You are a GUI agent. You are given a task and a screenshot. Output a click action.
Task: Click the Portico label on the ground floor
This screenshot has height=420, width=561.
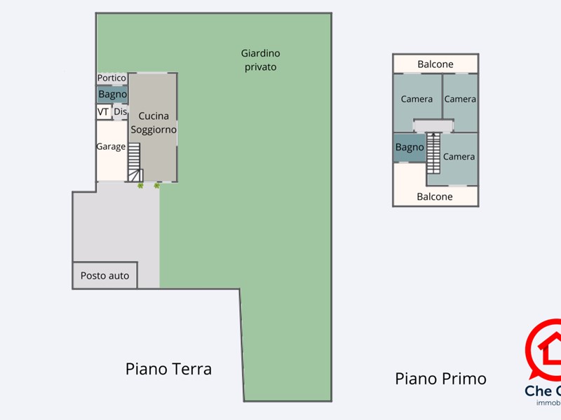pyautogui.click(x=111, y=78)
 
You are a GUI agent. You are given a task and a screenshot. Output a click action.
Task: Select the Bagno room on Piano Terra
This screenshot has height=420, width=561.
pyautogui.click(x=112, y=94)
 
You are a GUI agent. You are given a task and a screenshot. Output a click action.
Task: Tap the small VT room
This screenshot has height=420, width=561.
pyautogui.click(x=103, y=112)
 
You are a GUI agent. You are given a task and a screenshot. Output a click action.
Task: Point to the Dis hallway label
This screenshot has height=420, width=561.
pyautogui.click(x=120, y=112)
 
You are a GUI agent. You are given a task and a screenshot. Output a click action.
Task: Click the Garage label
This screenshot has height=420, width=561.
pyautogui.click(x=111, y=147)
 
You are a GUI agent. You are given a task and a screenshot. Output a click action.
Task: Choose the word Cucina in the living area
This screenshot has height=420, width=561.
pyautogui.click(x=153, y=116)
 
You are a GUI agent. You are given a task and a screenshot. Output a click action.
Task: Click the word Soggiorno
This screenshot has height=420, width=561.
pyautogui.click(x=153, y=129)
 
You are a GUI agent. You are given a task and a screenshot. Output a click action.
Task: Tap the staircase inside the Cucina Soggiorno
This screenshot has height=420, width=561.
pyautogui.click(x=134, y=161)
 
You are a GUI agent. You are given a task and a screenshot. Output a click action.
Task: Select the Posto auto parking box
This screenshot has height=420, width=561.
pyautogui.click(x=105, y=275)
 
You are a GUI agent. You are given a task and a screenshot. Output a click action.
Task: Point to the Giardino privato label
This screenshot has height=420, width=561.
pyautogui.click(x=261, y=60)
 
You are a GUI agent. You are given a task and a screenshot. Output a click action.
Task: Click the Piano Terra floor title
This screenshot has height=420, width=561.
pyautogui.click(x=168, y=369)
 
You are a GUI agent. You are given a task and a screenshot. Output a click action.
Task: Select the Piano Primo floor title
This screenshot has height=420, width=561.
pyautogui.click(x=440, y=379)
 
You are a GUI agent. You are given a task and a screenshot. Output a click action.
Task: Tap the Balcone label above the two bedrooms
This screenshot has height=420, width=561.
pyautogui.click(x=435, y=64)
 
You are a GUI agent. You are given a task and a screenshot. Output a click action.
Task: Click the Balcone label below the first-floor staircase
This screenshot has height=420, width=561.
pyautogui.click(x=435, y=197)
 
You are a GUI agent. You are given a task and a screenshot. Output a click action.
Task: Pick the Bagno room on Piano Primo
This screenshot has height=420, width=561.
pyautogui.click(x=410, y=148)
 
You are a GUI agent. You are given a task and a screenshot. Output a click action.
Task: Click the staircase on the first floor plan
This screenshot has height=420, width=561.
pyautogui.click(x=433, y=153)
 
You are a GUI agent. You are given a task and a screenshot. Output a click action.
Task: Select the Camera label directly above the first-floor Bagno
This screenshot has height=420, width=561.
pyautogui.click(x=417, y=99)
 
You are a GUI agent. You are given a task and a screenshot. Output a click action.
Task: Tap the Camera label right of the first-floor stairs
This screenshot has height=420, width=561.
pyautogui.click(x=459, y=157)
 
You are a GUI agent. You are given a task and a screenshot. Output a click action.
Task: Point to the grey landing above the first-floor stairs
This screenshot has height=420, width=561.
pyautogui.click(x=433, y=125)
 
